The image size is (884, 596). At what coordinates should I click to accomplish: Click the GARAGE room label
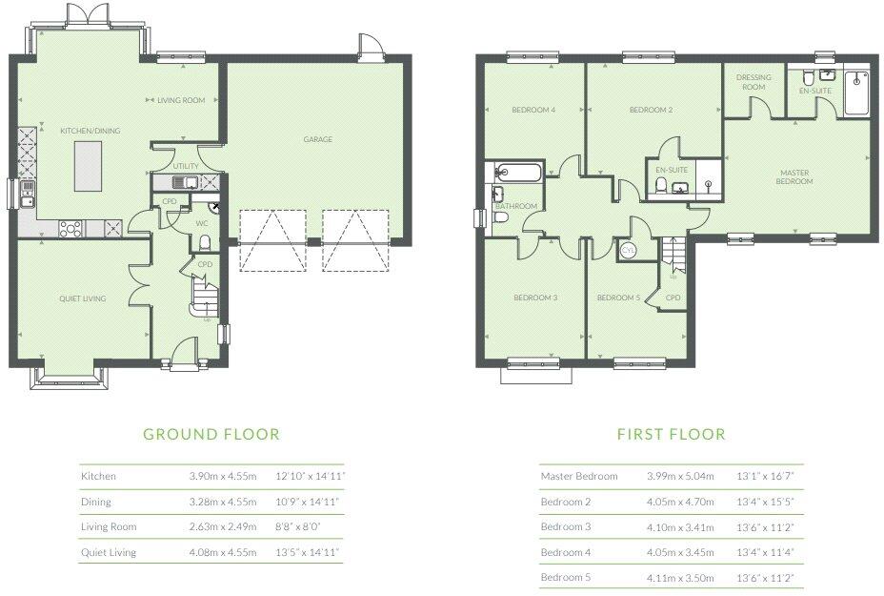point(317,139)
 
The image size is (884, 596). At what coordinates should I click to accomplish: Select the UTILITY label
point(186,166)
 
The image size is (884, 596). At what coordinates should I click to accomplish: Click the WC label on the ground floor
point(202,223)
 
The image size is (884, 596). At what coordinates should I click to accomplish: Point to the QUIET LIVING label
point(82,298)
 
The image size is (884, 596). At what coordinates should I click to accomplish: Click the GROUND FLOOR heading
point(211,434)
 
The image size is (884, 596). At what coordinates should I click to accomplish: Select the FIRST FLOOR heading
point(671,434)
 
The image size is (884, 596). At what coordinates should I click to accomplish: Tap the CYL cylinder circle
point(628,250)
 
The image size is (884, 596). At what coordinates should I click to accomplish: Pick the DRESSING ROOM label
point(753,82)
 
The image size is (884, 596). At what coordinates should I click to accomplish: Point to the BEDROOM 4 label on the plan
point(533,110)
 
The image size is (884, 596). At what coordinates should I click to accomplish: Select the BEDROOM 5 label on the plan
point(618,298)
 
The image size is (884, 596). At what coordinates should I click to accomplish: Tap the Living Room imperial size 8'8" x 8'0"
point(300,526)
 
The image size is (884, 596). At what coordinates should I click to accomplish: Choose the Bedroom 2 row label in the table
point(566,502)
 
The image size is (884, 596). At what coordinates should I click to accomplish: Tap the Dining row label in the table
point(96,502)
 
